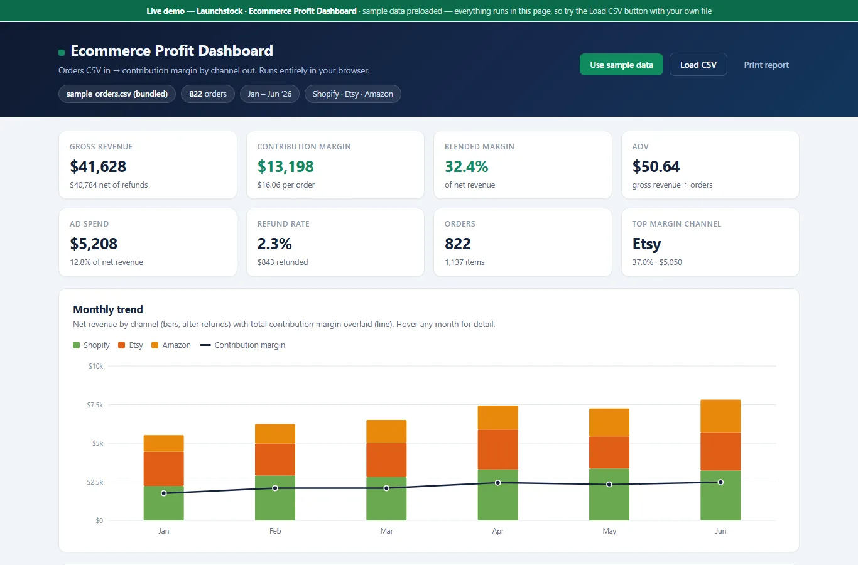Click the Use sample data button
click(x=621, y=65)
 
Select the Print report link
click(x=766, y=65)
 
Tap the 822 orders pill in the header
click(x=208, y=94)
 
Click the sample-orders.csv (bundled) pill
click(x=117, y=94)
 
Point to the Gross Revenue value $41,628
click(x=98, y=166)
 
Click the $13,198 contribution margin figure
click(x=285, y=166)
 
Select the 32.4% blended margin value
click(x=466, y=166)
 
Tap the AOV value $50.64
click(x=656, y=166)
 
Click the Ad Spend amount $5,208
click(x=94, y=244)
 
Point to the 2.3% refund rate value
click(x=274, y=244)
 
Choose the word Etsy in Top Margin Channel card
click(x=646, y=244)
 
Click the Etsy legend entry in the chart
click(x=131, y=345)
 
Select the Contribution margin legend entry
click(x=242, y=345)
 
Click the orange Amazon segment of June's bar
click(x=720, y=416)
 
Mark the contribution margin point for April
click(x=498, y=483)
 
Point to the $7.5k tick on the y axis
click(x=95, y=405)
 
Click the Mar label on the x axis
click(x=386, y=531)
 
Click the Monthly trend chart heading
click(x=108, y=309)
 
